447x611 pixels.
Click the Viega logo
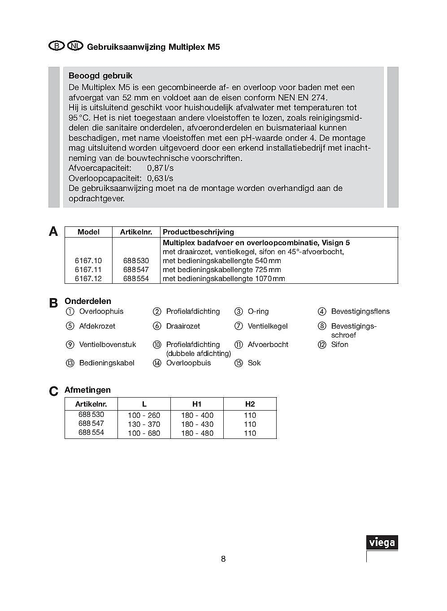click(382, 542)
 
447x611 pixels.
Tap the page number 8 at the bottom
click(223, 559)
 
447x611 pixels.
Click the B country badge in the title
click(56, 46)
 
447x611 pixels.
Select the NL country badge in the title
click(75, 46)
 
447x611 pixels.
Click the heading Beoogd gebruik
click(100, 76)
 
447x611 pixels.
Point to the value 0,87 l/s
click(160, 168)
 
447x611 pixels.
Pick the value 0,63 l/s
click(160, 178)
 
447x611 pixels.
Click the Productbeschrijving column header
click(198, 232)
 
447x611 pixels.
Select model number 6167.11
click(88, 269)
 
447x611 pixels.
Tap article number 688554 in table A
click(136, 278)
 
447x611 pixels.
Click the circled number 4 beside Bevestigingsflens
click(322, 312)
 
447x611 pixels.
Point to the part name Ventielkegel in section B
click(268, 326)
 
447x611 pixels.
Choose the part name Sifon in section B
click(339, 345)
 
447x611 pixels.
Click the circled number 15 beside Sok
click(239, 363)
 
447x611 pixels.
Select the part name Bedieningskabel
click(107, 363)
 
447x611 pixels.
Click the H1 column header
click(197, 404)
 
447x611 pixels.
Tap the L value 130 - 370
click(144, 424)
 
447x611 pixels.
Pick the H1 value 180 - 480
click(197, 433)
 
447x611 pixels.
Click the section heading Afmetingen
click(87, 390)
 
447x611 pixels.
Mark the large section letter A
click(53, 231)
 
